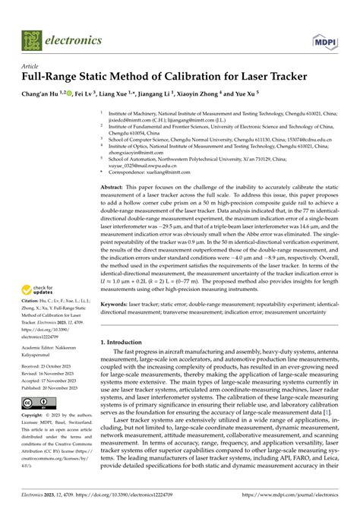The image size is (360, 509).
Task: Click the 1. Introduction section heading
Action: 128,343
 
